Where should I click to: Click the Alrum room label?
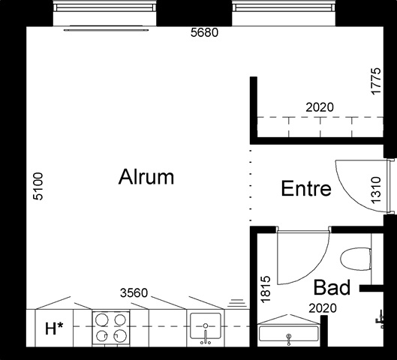[x=146, y=176]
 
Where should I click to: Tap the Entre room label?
[x=306, y=188]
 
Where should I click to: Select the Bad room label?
[x=332, y=287]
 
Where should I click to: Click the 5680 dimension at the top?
[x=204, y=33]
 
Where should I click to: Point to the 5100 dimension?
[x=38, y=186]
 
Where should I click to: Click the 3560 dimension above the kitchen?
[x=134, y=293]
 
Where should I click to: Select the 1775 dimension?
[x=376, y=81]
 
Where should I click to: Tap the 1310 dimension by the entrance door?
[x=376, y=190]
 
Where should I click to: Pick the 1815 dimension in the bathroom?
[x=266, y=289]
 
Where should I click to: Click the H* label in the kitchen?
[x=54, y=328]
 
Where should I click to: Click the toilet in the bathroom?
[x=356, y=259]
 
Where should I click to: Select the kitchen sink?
[x=206, y=325]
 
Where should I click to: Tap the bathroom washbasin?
[x=288, y=334]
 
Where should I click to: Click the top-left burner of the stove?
[x=102, y=319]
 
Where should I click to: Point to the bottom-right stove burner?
[x=119, y=335]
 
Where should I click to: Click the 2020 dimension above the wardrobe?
[x=320, y=107]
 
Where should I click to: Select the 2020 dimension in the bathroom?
[x=323, y=308]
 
